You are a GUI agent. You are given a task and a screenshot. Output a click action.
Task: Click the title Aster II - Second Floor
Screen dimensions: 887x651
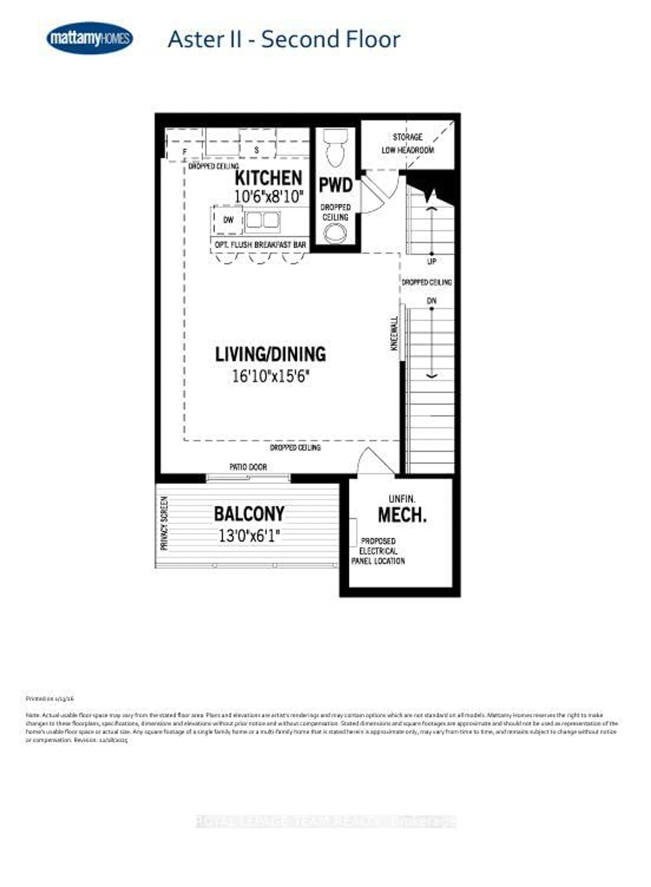pos(284,39)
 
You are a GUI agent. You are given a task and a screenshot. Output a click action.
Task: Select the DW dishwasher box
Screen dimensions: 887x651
pos(228,220)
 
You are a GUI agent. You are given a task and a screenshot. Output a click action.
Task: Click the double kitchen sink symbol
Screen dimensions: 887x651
pos(262,221)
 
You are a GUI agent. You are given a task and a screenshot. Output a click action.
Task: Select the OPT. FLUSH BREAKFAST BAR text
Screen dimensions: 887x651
pos(260,245)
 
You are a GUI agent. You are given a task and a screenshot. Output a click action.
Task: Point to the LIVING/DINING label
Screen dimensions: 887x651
pos(270,354)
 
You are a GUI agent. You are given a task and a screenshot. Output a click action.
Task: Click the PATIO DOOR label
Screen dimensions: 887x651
pos(248,467)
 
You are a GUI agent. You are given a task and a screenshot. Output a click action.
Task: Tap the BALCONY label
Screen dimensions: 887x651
pos(249,514)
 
